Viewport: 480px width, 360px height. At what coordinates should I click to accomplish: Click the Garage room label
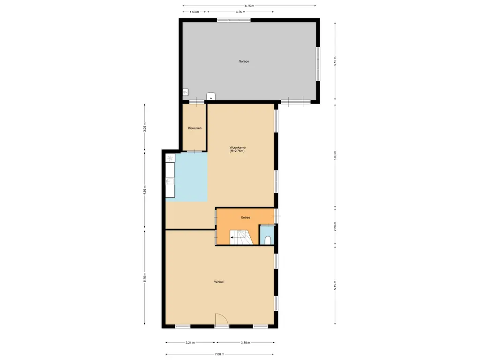tap(244, 61)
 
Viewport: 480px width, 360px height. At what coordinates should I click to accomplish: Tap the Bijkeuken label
tap(195, 128)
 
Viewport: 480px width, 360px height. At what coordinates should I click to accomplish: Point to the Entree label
tap(246, 217)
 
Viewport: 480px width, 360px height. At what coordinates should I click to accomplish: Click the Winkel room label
tap(218, 282)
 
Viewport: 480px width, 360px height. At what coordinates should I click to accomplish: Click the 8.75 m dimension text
tap(249, 6)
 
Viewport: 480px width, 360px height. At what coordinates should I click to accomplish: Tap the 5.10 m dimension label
tap(335, 61)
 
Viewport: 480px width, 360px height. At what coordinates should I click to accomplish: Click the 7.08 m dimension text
tap(220, 354)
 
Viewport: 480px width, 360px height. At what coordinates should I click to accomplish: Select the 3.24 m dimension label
tap(190, 343)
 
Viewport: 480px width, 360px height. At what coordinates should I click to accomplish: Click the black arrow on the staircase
tap(233, 238)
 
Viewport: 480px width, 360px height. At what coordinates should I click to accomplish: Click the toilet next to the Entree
tap(268, 240)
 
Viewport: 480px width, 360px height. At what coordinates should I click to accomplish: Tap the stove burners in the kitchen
tap(170, 158)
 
